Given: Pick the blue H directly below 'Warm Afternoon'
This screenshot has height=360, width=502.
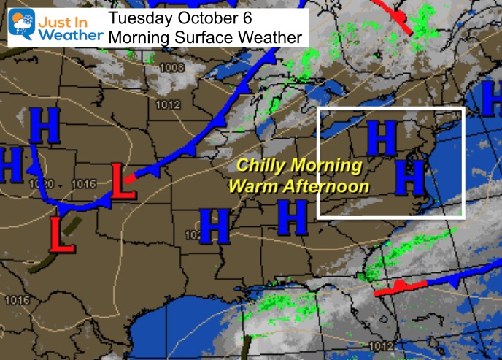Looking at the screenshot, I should pos(292,216).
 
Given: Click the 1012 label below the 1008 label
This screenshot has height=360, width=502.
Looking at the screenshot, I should pos(167,104).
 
